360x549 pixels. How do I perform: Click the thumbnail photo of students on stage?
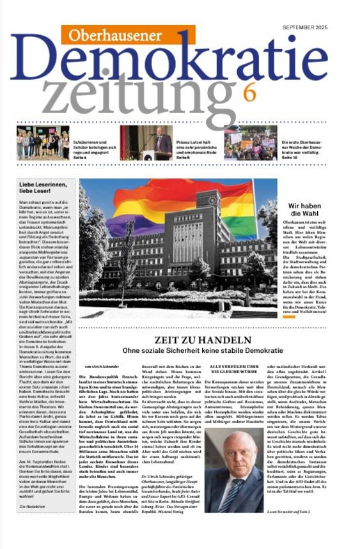[43, 143]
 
